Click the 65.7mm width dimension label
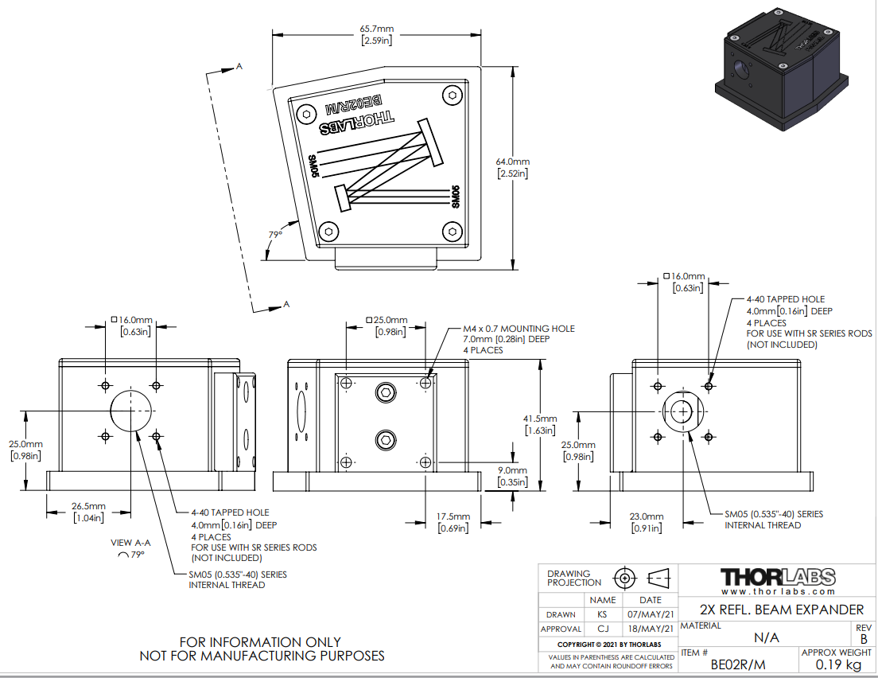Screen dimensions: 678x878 coord(377,29)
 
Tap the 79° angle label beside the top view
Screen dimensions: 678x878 coord(275,234)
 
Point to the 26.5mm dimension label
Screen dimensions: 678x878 coord(87,505)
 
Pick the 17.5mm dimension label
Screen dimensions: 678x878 coord(452,516)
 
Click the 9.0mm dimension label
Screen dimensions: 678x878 coord(512,470)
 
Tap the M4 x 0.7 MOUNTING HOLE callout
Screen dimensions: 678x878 coord(519,329)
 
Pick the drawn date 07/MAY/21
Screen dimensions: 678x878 coord(650,614)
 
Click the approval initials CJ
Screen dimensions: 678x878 coord(603,629)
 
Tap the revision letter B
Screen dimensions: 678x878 coord(864,638)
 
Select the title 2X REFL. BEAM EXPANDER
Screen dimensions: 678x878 coord(781,610)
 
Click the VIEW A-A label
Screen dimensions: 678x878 coord(131,543)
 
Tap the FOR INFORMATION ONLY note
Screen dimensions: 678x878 coord(261,642)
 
